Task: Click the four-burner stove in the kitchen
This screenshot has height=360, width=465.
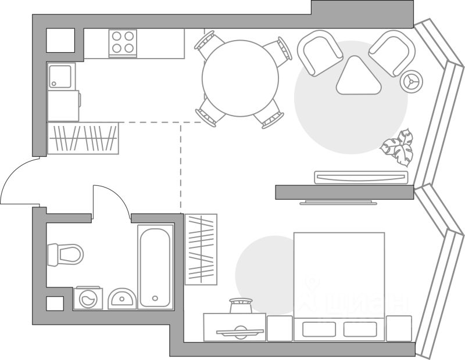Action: pyautogui.click(x=123, y=42)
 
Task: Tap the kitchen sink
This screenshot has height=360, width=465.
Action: pyautogui.click(x=61, y=76)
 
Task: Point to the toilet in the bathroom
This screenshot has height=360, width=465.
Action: pyautogui.click(x=65, y=254)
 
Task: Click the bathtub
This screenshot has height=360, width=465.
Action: pyautogui.click(x=156, y=267)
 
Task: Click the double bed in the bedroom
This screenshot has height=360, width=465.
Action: pyautogui.click(x=339, y=279)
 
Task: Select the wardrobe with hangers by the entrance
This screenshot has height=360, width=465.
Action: pyautogui.click(x=83, y=138)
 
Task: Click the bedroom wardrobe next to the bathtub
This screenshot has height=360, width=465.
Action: pyautogui.click(x=201, y=249)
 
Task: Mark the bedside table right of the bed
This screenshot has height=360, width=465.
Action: pyautogui.click(x=399, y=328)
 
